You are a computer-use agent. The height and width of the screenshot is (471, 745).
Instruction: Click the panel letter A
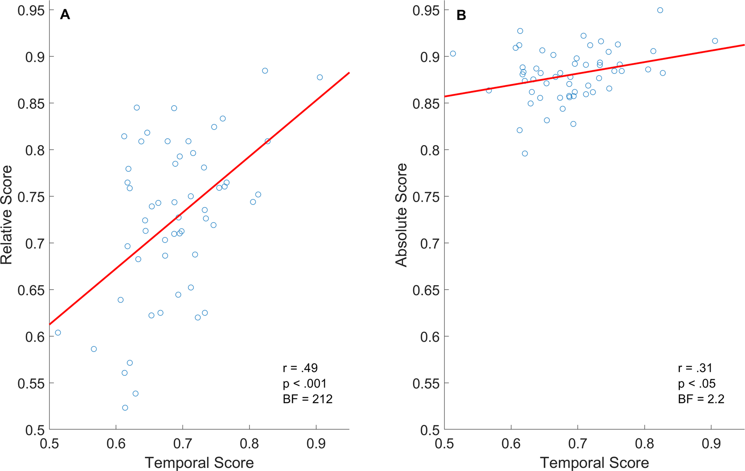(65, 15)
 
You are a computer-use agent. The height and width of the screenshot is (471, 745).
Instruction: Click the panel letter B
(461, 15)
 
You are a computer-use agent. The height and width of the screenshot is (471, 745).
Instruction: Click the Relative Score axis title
(6, 215)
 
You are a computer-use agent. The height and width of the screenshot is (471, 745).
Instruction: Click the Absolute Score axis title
(401, 215)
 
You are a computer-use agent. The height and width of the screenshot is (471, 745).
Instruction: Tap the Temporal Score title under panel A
(199, 463)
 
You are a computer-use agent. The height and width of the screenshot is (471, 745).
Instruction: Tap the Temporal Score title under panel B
(594, 463)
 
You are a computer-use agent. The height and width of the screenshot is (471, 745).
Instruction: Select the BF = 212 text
(308, 399)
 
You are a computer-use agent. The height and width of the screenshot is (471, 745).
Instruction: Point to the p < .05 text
(697, 384)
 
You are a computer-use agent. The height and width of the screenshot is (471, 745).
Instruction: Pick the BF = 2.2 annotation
(701, 399)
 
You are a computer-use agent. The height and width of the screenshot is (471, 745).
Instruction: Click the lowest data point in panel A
(125, 408)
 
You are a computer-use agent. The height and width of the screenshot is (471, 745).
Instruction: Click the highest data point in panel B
(660, 10)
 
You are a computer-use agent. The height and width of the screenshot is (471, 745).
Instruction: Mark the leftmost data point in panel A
(58, 333)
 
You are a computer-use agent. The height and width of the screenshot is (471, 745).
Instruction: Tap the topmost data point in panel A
(265, 71)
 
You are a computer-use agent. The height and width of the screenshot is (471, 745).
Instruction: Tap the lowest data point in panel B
(524, 154)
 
